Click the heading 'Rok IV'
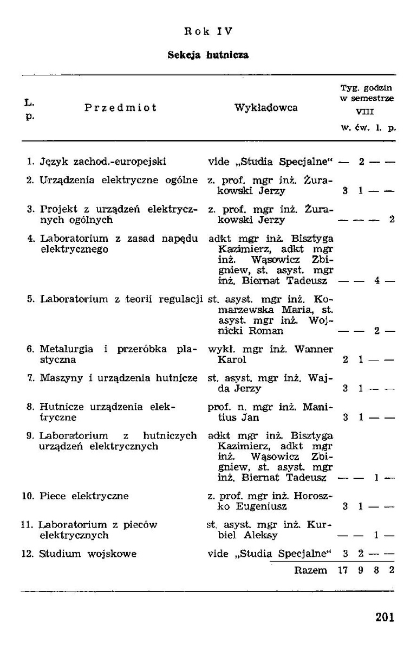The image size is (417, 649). pyautogui.click(x=208, y=31)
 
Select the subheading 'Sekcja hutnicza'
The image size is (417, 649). pyautogui.click(x=208, y=55)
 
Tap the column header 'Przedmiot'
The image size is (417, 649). pyautogui.click(x=121, y=107)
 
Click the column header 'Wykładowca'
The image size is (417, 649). pyautogui.click(x=266, y=107)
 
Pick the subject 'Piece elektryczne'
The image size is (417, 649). pyautogui.click(x=84, y=496)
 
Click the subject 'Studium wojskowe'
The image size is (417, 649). pyautogui.click(x=88, y=554)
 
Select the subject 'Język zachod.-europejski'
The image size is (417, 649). pyautogui.click(x=103, y=161)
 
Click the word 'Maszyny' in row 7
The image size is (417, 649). pyautogui.click(x=58, y=378)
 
